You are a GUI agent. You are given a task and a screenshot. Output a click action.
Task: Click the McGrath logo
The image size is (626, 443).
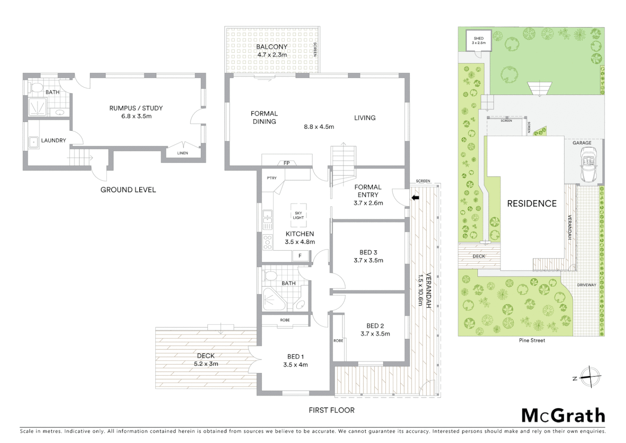click(x=563, y=416)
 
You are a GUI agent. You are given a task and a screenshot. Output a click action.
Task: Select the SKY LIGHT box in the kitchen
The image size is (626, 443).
click(x=298, y=215)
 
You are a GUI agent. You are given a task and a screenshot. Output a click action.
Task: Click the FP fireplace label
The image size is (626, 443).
click(x=287, y=163)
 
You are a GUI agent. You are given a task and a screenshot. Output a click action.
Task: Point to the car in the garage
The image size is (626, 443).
click(x=589, y=166)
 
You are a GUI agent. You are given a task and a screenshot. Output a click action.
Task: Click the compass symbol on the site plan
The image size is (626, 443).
click(x=590, y=377)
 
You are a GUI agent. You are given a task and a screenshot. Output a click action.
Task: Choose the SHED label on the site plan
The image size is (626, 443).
click(x=479, y=39)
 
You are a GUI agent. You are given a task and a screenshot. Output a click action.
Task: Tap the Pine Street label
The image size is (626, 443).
click(x=532, y=340)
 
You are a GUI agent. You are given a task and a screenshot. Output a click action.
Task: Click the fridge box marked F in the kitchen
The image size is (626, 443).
click(x=300, y=256)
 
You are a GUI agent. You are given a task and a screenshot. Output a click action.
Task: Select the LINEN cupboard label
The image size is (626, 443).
click(x=183, y=153)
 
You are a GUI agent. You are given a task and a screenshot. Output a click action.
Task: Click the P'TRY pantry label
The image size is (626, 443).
click(x=272, y=178)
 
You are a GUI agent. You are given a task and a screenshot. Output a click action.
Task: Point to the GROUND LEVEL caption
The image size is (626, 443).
click(x=128, y=190)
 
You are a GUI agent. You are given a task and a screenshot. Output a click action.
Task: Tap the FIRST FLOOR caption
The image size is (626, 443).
click(x=331, y=410)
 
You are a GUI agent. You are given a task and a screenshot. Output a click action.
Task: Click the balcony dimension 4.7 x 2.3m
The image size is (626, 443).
click(x=272, y=55)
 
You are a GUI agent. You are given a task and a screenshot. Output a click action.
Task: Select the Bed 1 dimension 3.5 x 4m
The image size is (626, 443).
click(x=295, y=365)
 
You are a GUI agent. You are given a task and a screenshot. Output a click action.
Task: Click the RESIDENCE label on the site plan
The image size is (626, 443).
click(x=532, y=203)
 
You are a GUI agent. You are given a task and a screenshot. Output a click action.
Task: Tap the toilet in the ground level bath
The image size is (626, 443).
click(x=37, y=87)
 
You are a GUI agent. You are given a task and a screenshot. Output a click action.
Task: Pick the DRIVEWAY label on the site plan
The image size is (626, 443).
click(x=587, y=285)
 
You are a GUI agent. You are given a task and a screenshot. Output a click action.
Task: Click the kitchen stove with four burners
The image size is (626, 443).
click(x=268, y=242)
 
